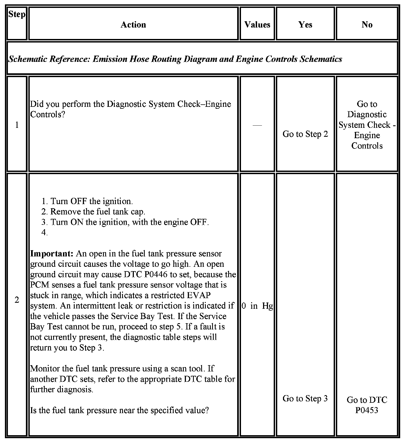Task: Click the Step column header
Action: tap(17, 14)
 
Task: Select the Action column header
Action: tap(133, 25)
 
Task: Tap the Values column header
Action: tap(257, 25)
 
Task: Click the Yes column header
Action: tap(305, 25)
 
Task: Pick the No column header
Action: tap(367, 25)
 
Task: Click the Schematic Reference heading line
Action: tap(175, 59)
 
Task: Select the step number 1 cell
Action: tap(17, 125)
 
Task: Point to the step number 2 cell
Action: tap(17, 300)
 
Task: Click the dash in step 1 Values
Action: tap(257, 125)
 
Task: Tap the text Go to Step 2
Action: tap(305, 134)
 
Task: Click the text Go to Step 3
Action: tap(305, 398)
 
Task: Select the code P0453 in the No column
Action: tap(367, 410)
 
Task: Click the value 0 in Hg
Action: tap(257, 306)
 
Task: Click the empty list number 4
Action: tap(44, 233)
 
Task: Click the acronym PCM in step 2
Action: tap(39, 285)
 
